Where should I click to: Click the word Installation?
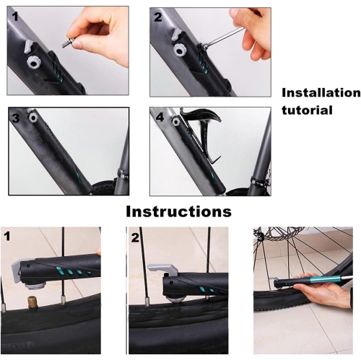point(320,93)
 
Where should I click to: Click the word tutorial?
point(306,110)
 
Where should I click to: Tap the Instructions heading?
point(179,211)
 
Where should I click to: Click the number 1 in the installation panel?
point(15,17)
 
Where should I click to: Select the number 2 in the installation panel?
point(158,17)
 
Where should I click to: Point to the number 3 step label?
point(15,117)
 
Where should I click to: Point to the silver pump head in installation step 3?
point(31,115)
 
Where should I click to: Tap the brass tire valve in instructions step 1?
point(33,300)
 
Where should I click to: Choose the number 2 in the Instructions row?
point(135,236)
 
